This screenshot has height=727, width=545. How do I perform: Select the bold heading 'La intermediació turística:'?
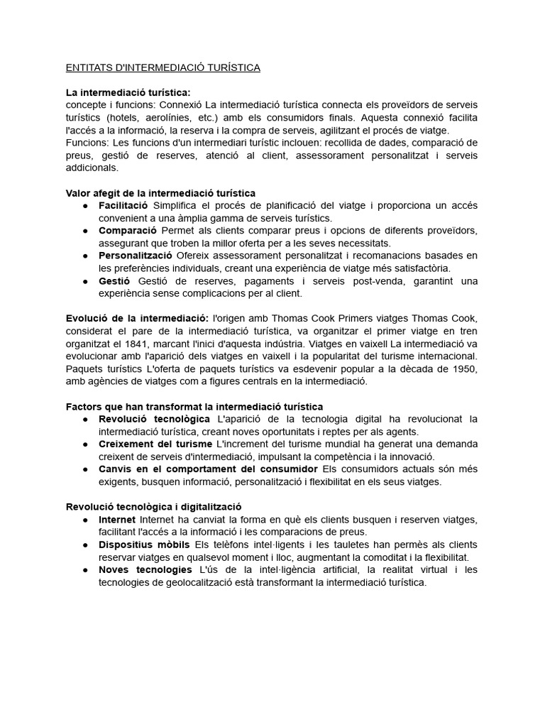[x=128, y=92]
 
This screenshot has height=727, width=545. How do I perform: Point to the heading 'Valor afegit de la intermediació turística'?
[x=160, y=193]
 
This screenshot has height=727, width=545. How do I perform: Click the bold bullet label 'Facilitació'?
[x=124, y=205]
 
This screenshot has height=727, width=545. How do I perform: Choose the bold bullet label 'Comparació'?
[x=128, y=231]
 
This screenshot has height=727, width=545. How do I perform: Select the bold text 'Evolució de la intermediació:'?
[x=137, y=317]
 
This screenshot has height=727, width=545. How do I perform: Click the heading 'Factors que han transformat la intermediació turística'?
[x=194, y=406]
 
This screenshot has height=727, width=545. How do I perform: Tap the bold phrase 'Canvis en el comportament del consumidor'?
[x=208, y=469]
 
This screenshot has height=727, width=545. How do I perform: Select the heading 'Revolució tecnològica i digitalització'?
[x=153, y=507]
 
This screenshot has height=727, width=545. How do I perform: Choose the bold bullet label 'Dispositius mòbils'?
[x=141, y=545]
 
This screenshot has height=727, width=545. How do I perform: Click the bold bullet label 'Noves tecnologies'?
[x=145, y=569]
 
